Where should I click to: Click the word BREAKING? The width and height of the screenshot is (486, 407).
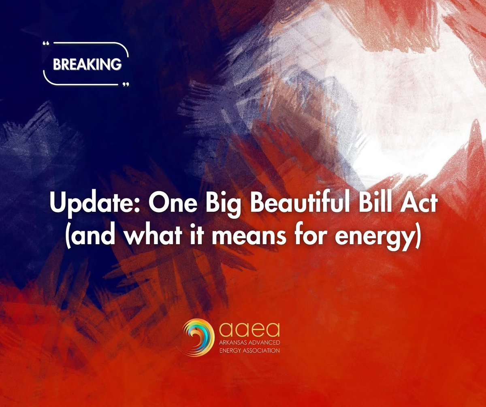[87, 64]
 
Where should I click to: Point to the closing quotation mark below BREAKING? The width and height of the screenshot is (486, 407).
[126, 85]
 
